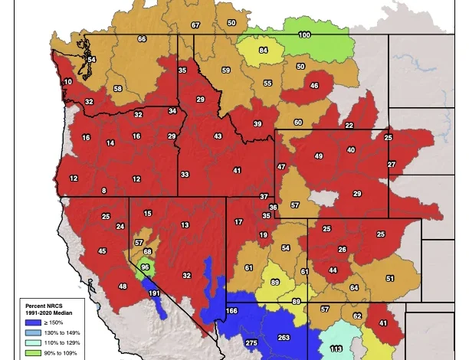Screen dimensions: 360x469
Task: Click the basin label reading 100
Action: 304,35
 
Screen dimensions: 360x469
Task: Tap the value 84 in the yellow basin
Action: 263,51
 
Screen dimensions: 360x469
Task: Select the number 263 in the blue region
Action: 284,338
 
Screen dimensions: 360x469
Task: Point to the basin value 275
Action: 251,344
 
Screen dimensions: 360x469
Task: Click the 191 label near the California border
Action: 154,293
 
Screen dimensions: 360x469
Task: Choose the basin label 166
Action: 232,312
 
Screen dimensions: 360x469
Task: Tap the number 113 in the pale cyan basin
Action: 336,349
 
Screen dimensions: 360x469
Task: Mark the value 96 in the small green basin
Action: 145,267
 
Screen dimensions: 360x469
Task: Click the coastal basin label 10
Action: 68,82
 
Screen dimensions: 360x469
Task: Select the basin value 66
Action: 142,39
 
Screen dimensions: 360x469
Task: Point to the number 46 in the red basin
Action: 313,86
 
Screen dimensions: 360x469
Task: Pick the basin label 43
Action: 218,136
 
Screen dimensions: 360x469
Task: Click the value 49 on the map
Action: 319,156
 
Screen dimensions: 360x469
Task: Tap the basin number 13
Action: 185,225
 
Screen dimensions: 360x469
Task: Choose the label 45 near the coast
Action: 102,251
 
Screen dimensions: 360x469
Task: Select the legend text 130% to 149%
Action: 61,333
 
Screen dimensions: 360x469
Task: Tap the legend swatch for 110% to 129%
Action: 31,343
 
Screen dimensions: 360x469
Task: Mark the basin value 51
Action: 389,279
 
